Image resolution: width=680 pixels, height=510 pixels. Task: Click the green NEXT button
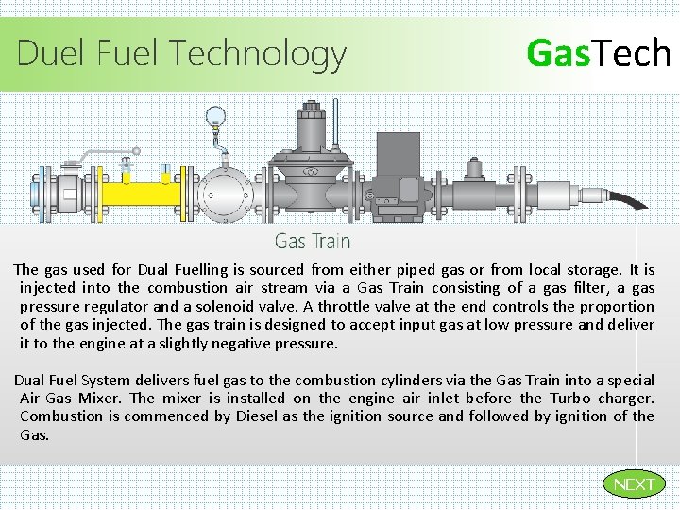[633, 484]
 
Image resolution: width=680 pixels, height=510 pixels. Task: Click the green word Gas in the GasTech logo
[556, 53]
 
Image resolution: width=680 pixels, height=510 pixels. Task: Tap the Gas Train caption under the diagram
[313, 242]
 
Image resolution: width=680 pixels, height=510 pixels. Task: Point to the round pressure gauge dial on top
[216, 117]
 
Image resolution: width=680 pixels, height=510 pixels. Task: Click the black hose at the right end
[629, 199]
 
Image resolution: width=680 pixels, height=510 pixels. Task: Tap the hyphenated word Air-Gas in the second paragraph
[46, 398]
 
